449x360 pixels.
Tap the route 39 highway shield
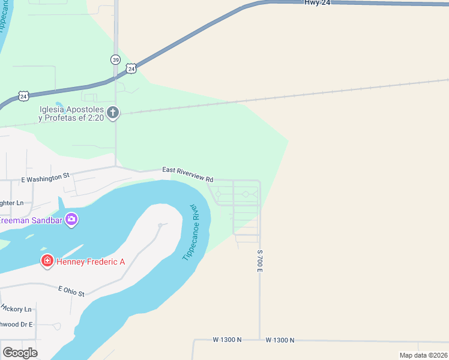pos(115,59)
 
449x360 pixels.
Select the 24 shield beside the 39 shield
pos(131,69)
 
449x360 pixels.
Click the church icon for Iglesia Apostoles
pos(113,112)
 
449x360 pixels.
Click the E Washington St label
pos(46,177)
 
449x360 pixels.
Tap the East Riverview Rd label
pos(187,175)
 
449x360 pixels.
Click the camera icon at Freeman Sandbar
pos(71,220)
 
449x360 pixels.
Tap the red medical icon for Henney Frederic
pos(47,260)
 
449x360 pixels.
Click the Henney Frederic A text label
pos(91,261)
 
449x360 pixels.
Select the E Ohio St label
pos(71,291)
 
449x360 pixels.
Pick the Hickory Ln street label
pos(16,308)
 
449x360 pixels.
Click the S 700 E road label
pos(261,262)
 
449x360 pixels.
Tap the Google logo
pos(20,352)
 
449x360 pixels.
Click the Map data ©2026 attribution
pos(423,355)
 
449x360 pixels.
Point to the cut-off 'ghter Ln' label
pos(11,203)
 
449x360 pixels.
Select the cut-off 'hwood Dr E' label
pos(16,324)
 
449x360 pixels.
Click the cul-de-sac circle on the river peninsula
pos(160,225)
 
